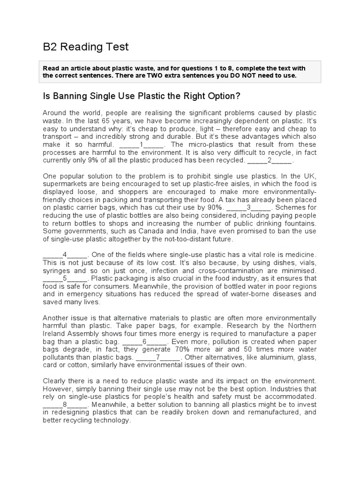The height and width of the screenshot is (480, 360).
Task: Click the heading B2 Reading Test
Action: tap(86, 47)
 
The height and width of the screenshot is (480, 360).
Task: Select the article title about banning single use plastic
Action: tap(142, 96)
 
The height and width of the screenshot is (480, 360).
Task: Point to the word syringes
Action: tap(58, 270)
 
